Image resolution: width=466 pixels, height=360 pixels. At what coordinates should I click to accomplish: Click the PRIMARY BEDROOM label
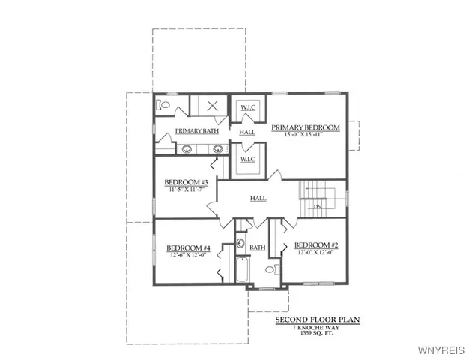(x=305, y=128)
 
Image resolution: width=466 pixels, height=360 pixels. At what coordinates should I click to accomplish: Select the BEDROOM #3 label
(x=186, y=183)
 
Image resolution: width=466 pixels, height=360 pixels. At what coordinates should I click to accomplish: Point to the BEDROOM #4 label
(x=187, y=248)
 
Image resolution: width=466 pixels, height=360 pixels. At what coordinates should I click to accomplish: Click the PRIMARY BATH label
(x=195, y=132)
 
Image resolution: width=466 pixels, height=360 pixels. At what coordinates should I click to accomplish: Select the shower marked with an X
(x=212, y=105)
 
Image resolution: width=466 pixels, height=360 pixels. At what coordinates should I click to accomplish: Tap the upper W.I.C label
(x=248, y=107)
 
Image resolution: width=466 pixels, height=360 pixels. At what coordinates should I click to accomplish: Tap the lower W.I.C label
(x=248, y=160)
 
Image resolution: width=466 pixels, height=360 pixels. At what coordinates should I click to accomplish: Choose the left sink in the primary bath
(x=185, y=149)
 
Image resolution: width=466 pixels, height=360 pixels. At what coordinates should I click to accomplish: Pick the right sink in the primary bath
(x=214, y=149)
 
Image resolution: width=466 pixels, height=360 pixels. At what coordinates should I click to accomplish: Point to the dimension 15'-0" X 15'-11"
(x=305, y=136)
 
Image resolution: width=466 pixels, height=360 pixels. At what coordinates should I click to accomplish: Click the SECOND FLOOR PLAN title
(x=317, y=320)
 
